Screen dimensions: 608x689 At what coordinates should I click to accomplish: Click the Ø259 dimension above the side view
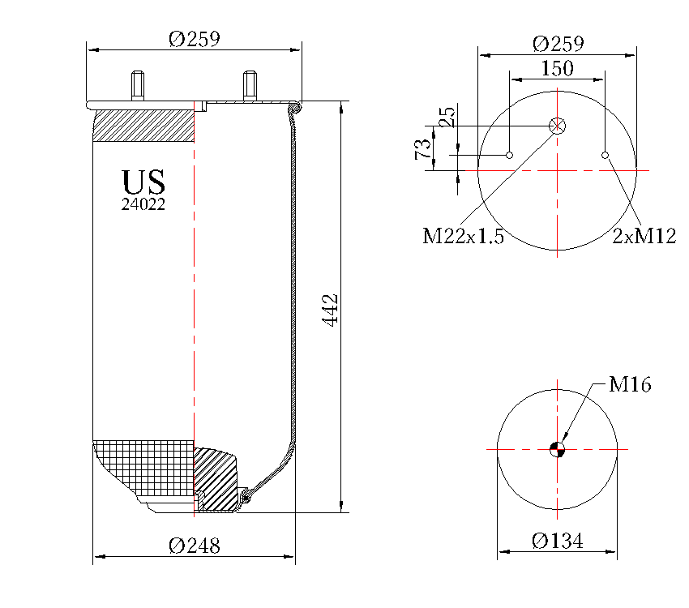194,39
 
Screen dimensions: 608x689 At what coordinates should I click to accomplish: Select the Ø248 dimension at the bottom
195,546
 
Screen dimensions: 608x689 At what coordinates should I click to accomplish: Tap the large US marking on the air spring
143,181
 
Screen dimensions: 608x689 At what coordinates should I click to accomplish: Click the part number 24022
143,205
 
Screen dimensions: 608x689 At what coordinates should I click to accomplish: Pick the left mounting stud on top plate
138,85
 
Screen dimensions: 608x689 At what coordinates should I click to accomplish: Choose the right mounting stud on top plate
250,85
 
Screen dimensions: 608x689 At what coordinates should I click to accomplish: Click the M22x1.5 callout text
464,237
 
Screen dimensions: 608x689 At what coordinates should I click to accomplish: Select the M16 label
630,385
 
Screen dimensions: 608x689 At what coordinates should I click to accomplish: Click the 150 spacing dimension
557,69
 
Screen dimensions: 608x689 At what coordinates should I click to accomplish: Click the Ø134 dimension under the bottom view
558,541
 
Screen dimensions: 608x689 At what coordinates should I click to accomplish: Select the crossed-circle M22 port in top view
558,126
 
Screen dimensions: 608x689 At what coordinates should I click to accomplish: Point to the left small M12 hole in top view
510,155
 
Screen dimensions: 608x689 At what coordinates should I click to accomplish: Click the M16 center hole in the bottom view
557,449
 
